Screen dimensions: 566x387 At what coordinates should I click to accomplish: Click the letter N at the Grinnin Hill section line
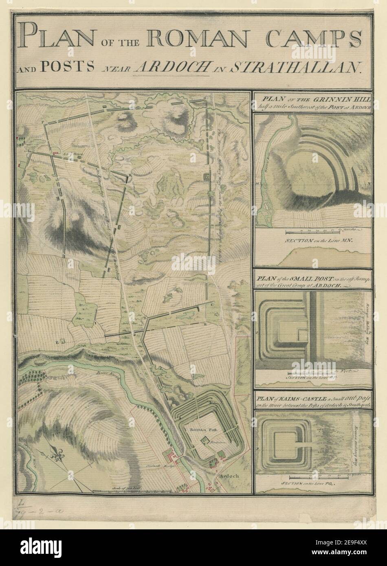[369, 184]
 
